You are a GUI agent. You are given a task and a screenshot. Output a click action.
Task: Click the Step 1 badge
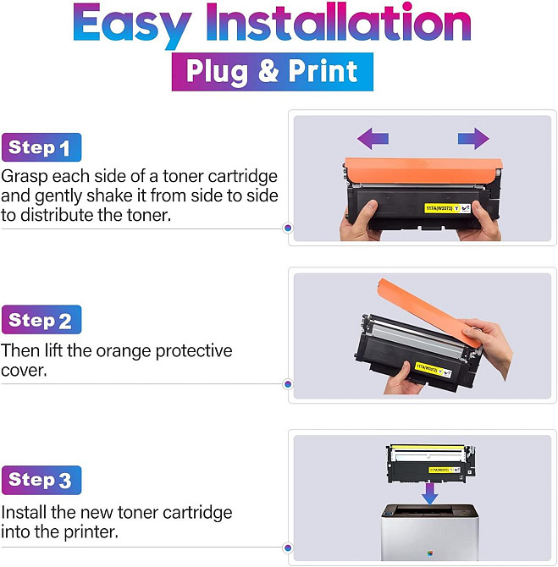(41, 147)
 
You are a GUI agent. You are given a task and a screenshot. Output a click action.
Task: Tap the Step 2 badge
(41, 320)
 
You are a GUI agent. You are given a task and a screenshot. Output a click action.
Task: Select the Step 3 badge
(41, 480)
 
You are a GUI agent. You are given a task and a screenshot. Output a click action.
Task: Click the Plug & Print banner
(272, 72)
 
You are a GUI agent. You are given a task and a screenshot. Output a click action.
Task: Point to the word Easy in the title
(132, 25)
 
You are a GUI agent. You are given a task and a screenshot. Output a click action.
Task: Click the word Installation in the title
(339, 22)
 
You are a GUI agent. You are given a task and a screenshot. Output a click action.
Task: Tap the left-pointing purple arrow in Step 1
(373, 138)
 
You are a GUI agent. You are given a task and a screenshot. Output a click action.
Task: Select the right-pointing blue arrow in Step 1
(473, 138)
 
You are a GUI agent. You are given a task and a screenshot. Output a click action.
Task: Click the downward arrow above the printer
(430, 494)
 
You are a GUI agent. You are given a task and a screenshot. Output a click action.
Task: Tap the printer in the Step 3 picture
(430, 532)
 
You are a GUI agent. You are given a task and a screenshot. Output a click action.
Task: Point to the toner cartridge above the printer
(431, 464)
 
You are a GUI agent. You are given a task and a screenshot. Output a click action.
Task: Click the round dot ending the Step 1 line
(288, 228)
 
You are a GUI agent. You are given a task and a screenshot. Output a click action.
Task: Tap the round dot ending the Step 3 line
(288, 548)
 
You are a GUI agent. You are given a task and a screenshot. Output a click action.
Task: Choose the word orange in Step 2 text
(123, 351)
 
